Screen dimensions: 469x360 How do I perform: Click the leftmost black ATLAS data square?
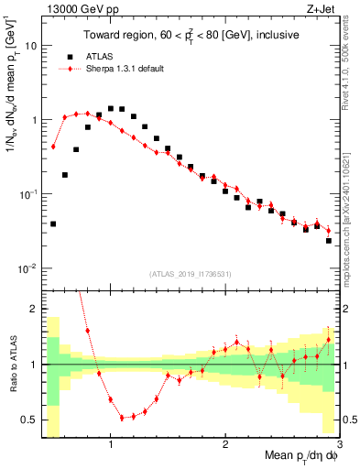pos(53,224)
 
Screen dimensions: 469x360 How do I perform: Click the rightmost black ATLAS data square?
pos(328,241)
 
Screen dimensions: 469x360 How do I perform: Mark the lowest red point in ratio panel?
pos(122,418)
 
